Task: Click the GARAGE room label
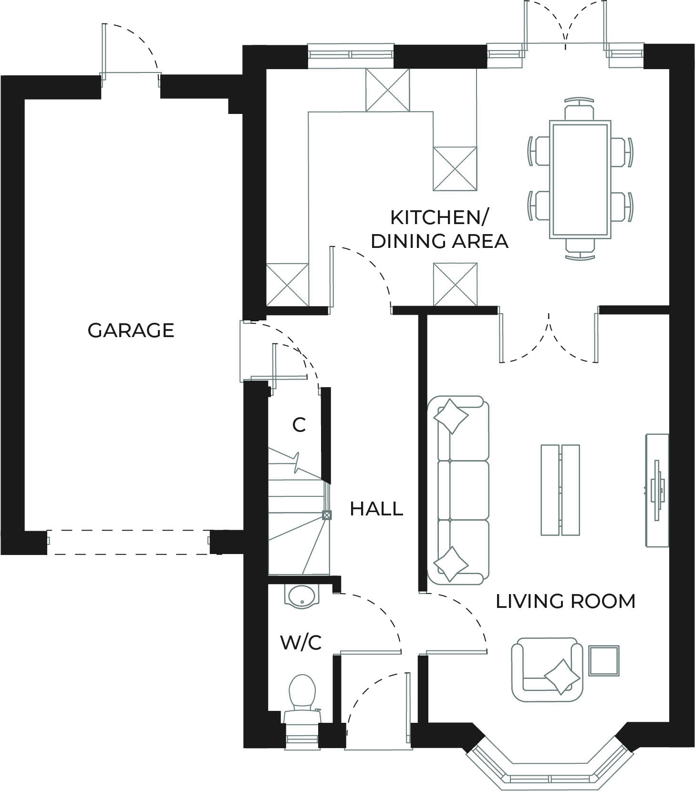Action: (131, 330)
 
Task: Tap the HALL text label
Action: (376, 509)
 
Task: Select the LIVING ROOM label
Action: (565, 601)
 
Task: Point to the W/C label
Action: (301, 643)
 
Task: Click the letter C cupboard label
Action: (299, 425)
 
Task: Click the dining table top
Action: (580, 180)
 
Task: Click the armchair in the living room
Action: (547, 669)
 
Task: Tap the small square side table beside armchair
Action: (603, 661)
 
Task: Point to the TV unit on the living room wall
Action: (657, 490)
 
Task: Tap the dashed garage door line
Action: (129, 542)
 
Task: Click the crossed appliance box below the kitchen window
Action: (387, 90)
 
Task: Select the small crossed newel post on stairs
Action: (327, 515)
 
